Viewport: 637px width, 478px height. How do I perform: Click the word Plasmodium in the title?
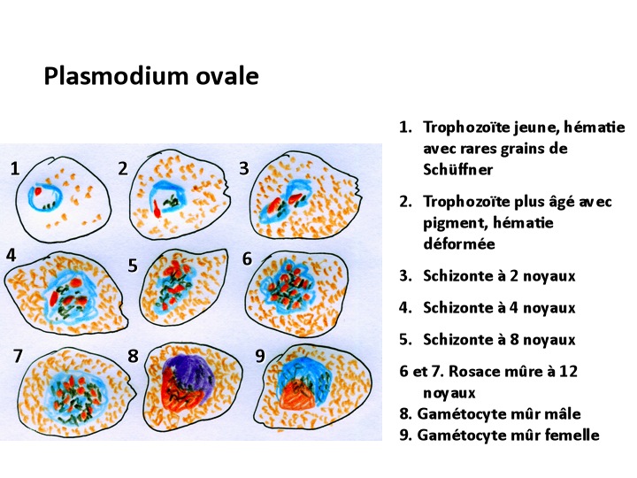coord(117,75)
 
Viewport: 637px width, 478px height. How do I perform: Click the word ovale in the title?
coord(227,76)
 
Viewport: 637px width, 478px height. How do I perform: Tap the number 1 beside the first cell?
coord(15,168)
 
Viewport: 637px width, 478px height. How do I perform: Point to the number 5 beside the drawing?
coord(133,266)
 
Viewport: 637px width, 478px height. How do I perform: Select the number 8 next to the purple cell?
coord(133,356)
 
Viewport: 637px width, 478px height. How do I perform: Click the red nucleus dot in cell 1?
coord(38,190)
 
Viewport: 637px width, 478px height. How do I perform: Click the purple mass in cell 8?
coord(189,373)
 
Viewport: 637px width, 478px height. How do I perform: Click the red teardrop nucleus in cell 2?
coord(157,208)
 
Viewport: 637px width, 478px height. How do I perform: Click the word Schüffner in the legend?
coord(458,169)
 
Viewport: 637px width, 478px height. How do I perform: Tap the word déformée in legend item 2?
coord(459,243)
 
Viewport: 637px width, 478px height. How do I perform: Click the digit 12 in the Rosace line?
coord(569,372)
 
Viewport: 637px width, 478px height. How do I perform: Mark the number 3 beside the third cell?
coord(244,168)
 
